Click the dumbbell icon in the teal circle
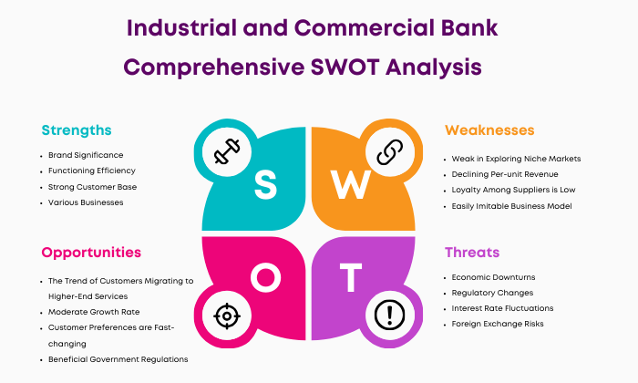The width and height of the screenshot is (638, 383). pos(227,151)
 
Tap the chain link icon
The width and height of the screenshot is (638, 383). pos(390,151)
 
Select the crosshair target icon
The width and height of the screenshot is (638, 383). pos(227,316)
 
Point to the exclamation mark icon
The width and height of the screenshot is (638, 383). pos(390,315)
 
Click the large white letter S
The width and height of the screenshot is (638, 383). pos(266,184)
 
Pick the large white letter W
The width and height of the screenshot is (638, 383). pos(351,184)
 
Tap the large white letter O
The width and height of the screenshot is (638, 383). pos(266,277)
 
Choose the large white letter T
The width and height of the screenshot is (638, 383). pos(351,277)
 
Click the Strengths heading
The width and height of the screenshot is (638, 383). pos(77,130)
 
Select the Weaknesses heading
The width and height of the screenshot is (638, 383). pos(489,130)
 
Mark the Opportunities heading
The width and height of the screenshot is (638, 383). pos(91,253)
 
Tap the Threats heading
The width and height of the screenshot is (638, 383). pos(472,253)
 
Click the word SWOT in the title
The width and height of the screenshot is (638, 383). pos(345,67)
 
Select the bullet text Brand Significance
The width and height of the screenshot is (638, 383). pos(86,155)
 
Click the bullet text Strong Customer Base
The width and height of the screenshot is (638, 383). pos(92,187)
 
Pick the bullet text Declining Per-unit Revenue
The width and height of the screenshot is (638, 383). pos(505,174)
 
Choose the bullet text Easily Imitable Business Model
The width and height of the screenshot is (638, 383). pos(512,206)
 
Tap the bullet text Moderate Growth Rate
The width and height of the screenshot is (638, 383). pos(94,312)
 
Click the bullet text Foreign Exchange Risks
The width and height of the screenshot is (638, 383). pos(498,324)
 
